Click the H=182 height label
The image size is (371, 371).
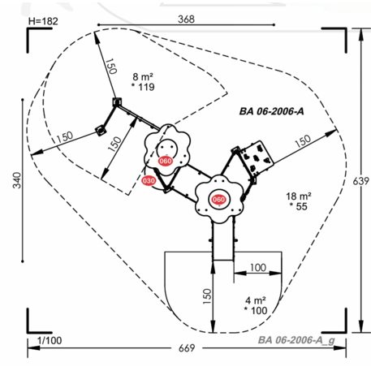pyautogui.click(x=43, y=21)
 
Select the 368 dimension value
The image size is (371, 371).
pyautogui.click(x=186, y=19)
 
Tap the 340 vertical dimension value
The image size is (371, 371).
pyautogui.click(x=17, y=180)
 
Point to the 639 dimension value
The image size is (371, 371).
pyautogui.click(x=361, y=181)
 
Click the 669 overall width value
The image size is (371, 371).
pyautogui.click(x=187, y=348)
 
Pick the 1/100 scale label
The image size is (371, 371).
pyautogui.click(x=50, y=340)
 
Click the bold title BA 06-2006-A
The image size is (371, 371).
pyautogui.click(x=271, y=111)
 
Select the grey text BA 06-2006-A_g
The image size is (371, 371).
pyautogui.click(x=296, y=340)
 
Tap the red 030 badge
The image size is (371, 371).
pyautogui.click(x=149, y=180)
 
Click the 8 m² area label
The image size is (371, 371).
pyautogui.click(x=143, y=77)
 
